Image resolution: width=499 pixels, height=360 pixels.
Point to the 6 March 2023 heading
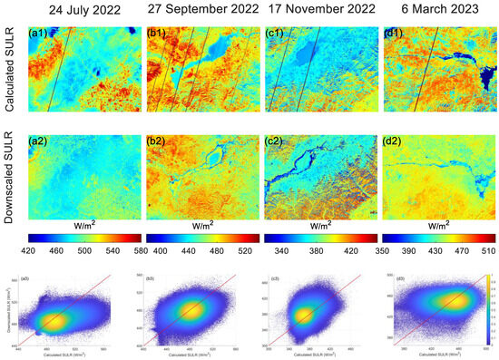[x=435, y=12]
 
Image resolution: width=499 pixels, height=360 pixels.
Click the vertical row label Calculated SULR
[x=10, y=74]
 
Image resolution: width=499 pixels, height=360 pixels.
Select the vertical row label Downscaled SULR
[x=10, y=178]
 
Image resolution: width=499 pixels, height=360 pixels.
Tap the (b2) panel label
[x=156, y=141]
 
